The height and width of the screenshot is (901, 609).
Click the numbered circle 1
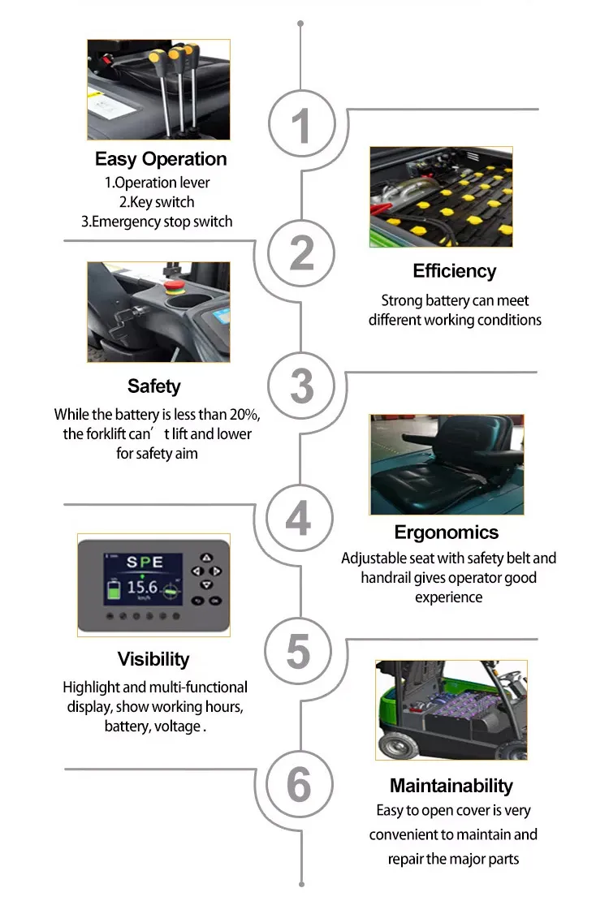(301, 127)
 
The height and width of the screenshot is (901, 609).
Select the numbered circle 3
(301, 385)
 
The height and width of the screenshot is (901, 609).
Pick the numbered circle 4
(298, 517)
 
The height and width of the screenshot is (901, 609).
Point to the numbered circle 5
(298, 650)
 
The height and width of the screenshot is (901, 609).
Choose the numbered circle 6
(298, 785)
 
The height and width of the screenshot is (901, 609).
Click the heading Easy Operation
(161, 159)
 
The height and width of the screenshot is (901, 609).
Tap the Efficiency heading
(454, 271)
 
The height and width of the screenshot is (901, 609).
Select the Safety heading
(153, 386)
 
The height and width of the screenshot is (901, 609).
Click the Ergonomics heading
(447, 532)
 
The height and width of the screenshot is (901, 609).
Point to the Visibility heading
(153, 659)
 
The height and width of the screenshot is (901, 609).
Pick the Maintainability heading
(451, 786)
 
